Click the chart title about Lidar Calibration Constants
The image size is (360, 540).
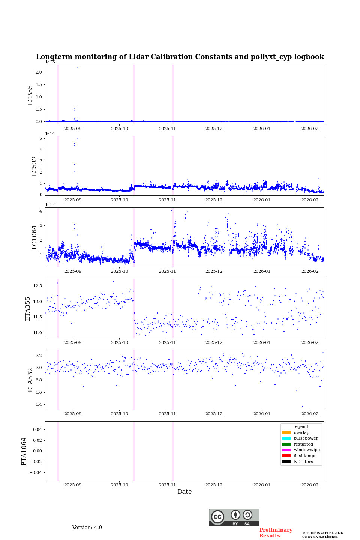pos(180,57)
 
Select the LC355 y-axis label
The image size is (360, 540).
pos(30,95)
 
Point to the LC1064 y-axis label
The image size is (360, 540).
pos(34,237)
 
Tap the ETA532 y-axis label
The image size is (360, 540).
pos(30,380)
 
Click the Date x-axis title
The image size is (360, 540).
pos(184,492)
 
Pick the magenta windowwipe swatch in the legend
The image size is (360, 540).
pos(286,450)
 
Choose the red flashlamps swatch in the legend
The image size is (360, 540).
pos(286,456)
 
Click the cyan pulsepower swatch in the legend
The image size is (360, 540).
pos(286,438)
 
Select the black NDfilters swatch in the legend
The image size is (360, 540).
pos(286,462)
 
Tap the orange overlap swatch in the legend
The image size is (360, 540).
pos(286,432)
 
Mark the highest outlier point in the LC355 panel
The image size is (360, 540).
pos(78,67)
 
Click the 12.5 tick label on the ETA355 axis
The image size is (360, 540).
pos(37,286)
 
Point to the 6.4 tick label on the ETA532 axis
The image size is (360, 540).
pos(39,405)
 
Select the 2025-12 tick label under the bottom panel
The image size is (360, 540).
pos(214,485)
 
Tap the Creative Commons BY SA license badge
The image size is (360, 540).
pos(234,517)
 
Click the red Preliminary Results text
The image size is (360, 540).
pos(276,533)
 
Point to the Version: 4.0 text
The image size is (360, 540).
pos(87,528)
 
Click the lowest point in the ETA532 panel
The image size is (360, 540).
pos(302,406)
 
